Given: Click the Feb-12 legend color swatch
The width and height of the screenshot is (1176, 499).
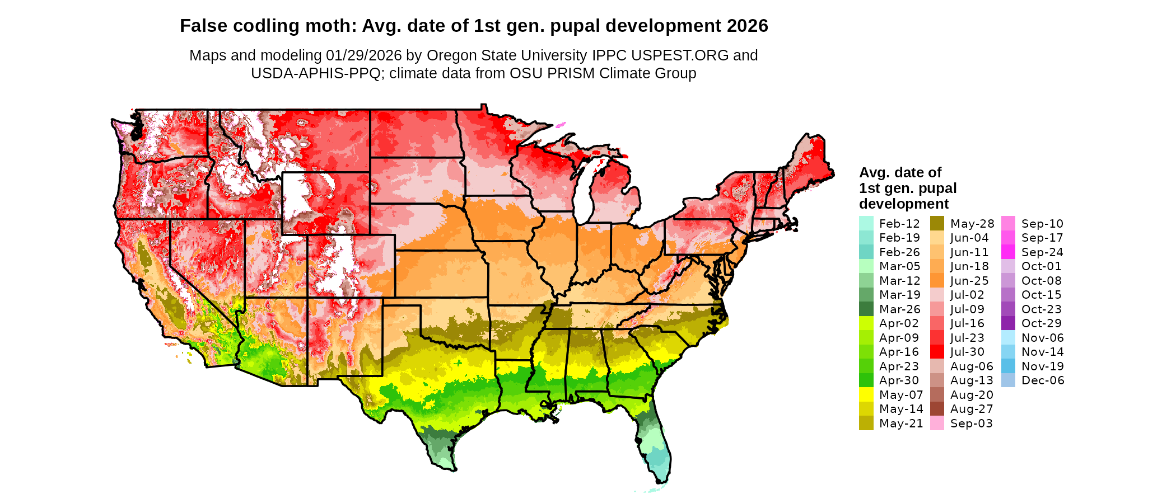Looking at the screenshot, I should click(x=866, y=223).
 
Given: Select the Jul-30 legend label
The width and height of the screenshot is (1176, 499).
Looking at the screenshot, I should click(x=967, y=352).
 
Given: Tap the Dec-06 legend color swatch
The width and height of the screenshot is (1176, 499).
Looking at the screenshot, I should click(x=1008, y=380).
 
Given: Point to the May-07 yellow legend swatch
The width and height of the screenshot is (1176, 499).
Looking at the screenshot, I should click(x=866, y=395).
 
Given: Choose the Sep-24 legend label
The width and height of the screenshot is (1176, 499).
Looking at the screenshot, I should click(x=1042, y=252).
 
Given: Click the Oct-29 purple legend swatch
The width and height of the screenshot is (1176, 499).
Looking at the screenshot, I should click(x=1008, y=323).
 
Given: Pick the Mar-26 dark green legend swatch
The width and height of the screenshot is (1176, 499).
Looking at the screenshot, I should click(x=866, y=309).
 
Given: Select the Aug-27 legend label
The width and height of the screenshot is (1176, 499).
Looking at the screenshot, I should click(x=972, y=409).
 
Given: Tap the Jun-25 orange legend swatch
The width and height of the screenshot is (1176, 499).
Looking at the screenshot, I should click(x=937, y=281).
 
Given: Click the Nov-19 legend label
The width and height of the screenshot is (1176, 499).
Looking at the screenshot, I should click(x=1042, y=366).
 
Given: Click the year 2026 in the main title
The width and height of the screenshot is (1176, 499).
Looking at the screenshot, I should click(x=748, y=26).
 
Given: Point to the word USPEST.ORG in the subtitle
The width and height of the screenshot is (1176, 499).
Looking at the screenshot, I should click(x=680, y=55).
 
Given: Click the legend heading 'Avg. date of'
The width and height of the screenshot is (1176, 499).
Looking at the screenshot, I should click(x=900, y=172).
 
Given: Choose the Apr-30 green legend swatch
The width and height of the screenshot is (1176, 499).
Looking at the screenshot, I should click(x=866, y=380).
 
